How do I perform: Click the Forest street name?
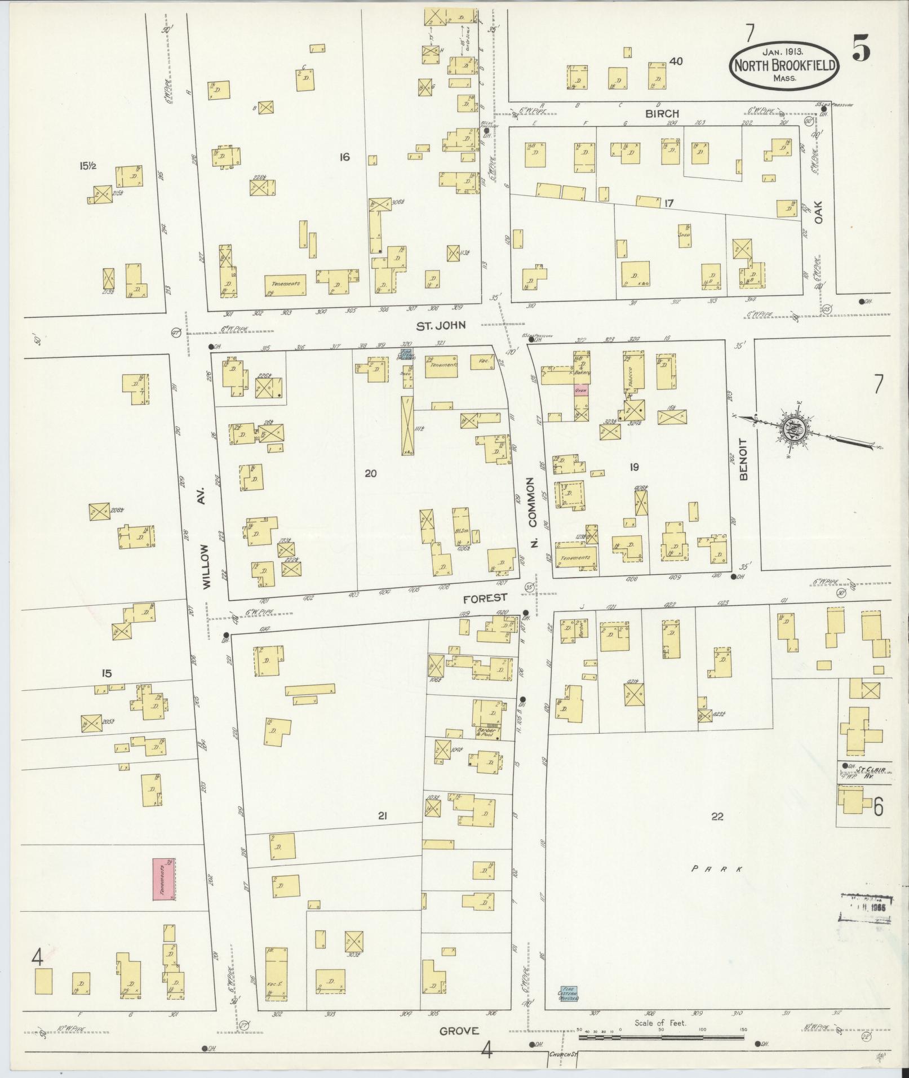tap(486, 597)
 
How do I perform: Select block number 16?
tap(344, 157)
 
